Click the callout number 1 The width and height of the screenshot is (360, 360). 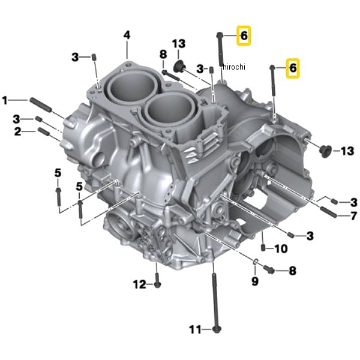(x=5, y=100)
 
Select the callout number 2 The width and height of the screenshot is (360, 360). (x=18, y=131)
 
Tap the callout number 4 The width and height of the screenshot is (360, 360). (x=127, y=35)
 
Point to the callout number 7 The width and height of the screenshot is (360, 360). (x=353, y=215)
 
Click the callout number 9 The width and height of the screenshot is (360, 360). (x=254, y=281)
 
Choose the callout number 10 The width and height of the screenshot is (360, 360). (x=281, y=248)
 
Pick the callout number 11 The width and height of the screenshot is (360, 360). (x=194, y=329)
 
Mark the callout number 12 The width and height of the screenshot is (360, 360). (x=139, y=284)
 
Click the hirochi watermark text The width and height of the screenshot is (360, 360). (x=234, y=67)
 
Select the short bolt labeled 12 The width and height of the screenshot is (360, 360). (x=157, y=281)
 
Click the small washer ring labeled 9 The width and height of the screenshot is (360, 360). (x=254, y=262)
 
